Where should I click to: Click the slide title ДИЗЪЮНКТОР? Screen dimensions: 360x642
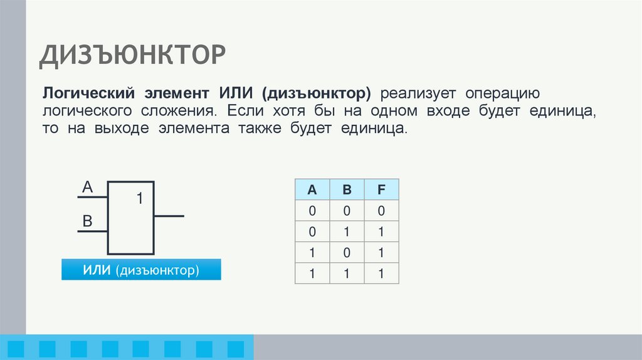[x=132, y=55]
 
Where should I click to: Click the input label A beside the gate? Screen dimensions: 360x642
[x=88, y=187]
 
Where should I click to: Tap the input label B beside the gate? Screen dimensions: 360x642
[x=88, y=221]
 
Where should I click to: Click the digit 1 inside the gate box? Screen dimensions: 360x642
[x=140, y=199]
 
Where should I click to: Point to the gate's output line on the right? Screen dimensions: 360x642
[x=169, y=216]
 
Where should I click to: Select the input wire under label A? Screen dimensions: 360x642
[x=92, y=198]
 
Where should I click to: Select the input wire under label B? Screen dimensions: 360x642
[x=92, y=231]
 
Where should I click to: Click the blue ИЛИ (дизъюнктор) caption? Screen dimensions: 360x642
[x=141, y=270]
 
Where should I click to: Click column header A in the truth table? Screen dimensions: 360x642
[x=312, y=189]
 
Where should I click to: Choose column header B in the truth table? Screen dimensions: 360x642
[x=346, y=189]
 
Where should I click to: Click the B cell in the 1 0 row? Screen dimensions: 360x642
[x=346, y=252]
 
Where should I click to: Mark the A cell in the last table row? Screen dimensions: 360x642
[x=312, y=273]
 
